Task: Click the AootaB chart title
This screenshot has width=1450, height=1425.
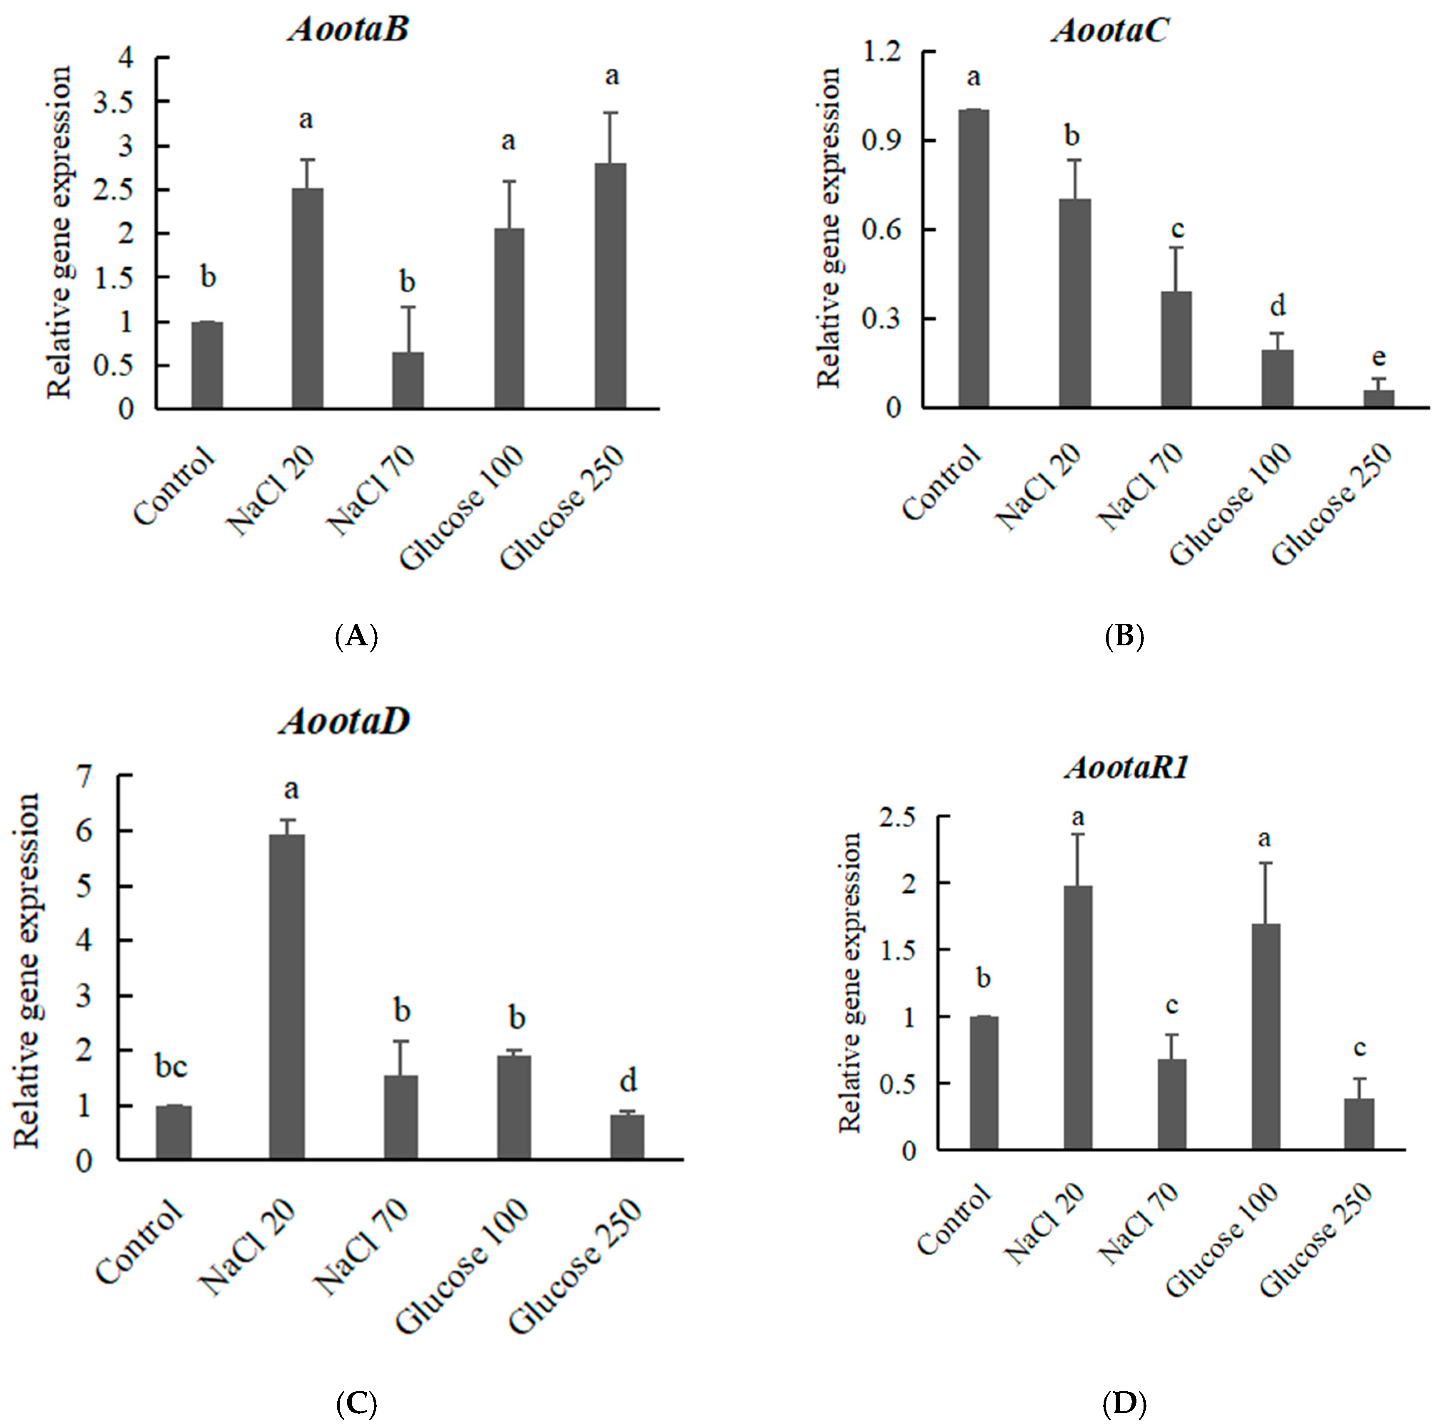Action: pyautogui.click(x=349, y=30)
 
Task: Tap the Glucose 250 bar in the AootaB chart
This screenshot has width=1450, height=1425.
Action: pyautogui.click(x=611, y=286)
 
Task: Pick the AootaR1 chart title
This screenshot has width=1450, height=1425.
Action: pyautogui.click(x=1126, y=768)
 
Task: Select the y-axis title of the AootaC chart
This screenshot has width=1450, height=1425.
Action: pyautogui.click(x=829, y=228)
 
